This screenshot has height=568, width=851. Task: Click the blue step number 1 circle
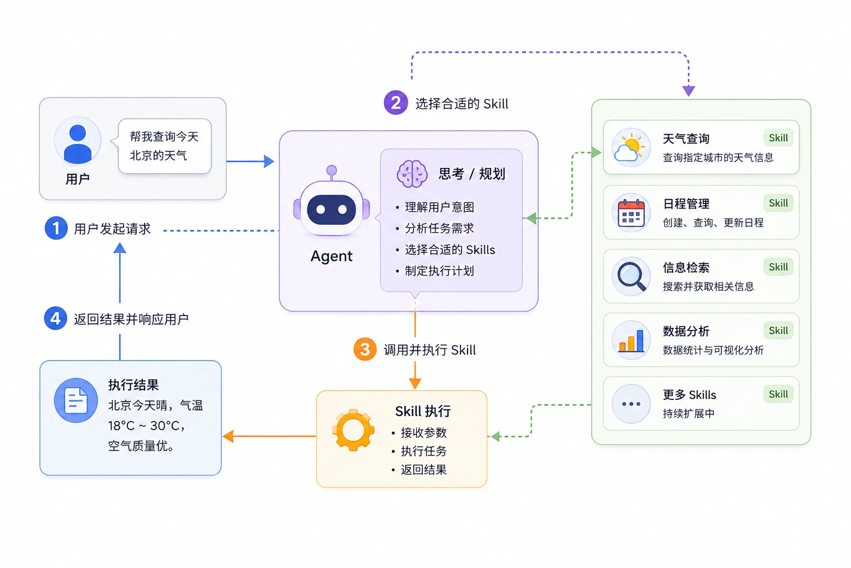56,228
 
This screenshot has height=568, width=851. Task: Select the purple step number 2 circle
396,103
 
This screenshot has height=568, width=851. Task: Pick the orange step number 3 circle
365,349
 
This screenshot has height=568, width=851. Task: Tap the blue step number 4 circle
55,318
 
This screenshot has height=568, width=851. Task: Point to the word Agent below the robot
331,256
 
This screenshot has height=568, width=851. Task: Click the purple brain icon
412,174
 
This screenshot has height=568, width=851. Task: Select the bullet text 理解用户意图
439,207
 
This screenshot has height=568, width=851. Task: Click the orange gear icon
353,430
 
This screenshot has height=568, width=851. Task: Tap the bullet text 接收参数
424,433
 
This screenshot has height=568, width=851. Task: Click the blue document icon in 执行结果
76,400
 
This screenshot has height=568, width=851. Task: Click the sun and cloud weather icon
630,148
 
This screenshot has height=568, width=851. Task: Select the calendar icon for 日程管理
631,212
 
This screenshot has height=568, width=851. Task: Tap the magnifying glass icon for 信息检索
631,276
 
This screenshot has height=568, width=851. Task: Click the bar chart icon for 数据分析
631,340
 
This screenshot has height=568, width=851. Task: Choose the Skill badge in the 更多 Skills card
778,394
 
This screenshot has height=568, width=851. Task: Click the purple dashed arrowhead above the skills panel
689,91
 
